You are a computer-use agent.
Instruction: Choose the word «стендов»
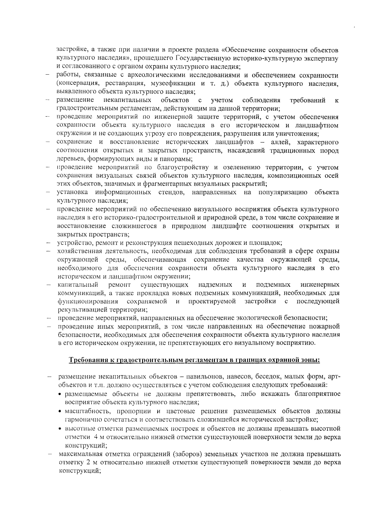172,193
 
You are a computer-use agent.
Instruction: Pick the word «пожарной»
327,326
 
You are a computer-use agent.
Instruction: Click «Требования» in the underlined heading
87,360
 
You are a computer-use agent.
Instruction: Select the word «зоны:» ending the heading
310,360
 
